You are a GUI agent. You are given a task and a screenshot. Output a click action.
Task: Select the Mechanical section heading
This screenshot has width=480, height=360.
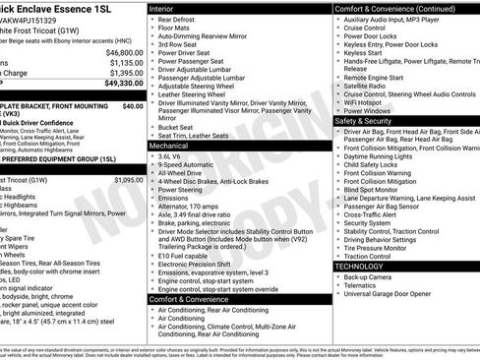(173, 145)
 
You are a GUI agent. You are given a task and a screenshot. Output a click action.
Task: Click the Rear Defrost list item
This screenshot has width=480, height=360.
(180, 19)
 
